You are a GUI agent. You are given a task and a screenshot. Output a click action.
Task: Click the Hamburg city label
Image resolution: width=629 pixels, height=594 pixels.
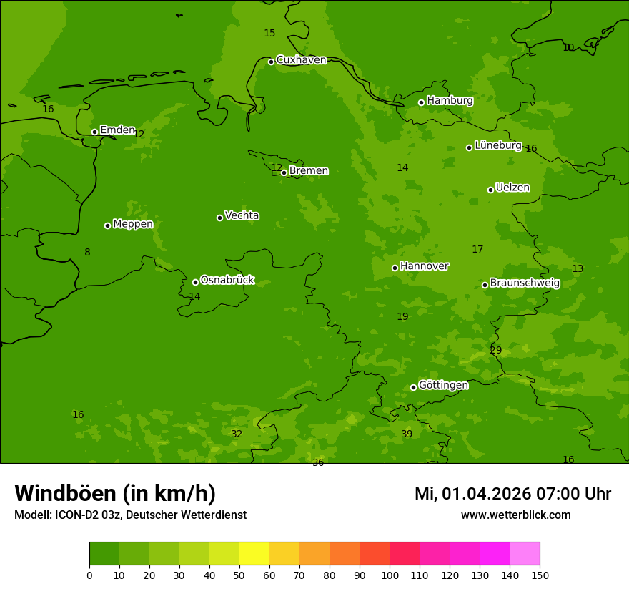(450, 101)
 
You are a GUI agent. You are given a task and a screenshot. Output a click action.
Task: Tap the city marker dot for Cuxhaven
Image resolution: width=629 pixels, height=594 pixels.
(271, 62)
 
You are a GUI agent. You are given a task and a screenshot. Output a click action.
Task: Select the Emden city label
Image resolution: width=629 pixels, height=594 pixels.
(117, 130)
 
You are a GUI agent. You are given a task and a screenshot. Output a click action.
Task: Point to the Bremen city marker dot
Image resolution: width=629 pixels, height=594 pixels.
(284, 172)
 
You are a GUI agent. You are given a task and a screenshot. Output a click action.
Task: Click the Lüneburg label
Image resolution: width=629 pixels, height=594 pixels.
(497, 145)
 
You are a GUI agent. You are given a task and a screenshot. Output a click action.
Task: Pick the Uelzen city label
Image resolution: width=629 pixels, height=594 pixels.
(512, 188)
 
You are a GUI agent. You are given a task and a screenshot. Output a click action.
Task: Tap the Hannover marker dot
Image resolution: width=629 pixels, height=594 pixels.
(395, 268)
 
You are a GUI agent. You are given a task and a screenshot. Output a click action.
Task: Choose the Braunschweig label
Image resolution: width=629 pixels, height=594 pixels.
(525, 283)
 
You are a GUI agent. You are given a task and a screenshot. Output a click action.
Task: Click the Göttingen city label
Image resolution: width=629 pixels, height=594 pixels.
(443, 386)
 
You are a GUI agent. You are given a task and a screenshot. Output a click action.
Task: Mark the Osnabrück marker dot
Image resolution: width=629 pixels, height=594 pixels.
(195, 282)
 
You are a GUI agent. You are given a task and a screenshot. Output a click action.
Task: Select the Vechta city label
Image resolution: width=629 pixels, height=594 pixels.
(242, 216)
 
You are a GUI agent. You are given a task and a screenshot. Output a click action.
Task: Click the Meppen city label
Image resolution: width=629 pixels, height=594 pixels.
(133, 225)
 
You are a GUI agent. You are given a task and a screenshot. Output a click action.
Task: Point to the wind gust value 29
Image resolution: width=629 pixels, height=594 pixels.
(496, 351)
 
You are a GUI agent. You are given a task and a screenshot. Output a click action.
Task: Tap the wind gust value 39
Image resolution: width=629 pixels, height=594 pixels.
(407, 434)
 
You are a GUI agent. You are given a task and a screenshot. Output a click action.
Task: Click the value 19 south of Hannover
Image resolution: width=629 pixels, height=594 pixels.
(402, 317)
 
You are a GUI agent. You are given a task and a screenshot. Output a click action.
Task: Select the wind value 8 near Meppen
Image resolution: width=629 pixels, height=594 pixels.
(87, 253)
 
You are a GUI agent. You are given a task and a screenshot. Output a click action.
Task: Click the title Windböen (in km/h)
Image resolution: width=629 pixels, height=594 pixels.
(115, 493)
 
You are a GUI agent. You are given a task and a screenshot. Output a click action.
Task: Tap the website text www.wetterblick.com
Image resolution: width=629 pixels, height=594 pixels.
(515, 515)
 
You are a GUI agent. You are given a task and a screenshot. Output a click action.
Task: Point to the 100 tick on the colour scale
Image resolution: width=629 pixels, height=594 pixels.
(390, 575)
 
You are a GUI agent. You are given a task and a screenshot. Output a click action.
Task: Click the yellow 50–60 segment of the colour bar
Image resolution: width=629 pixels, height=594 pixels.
(254, 554)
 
